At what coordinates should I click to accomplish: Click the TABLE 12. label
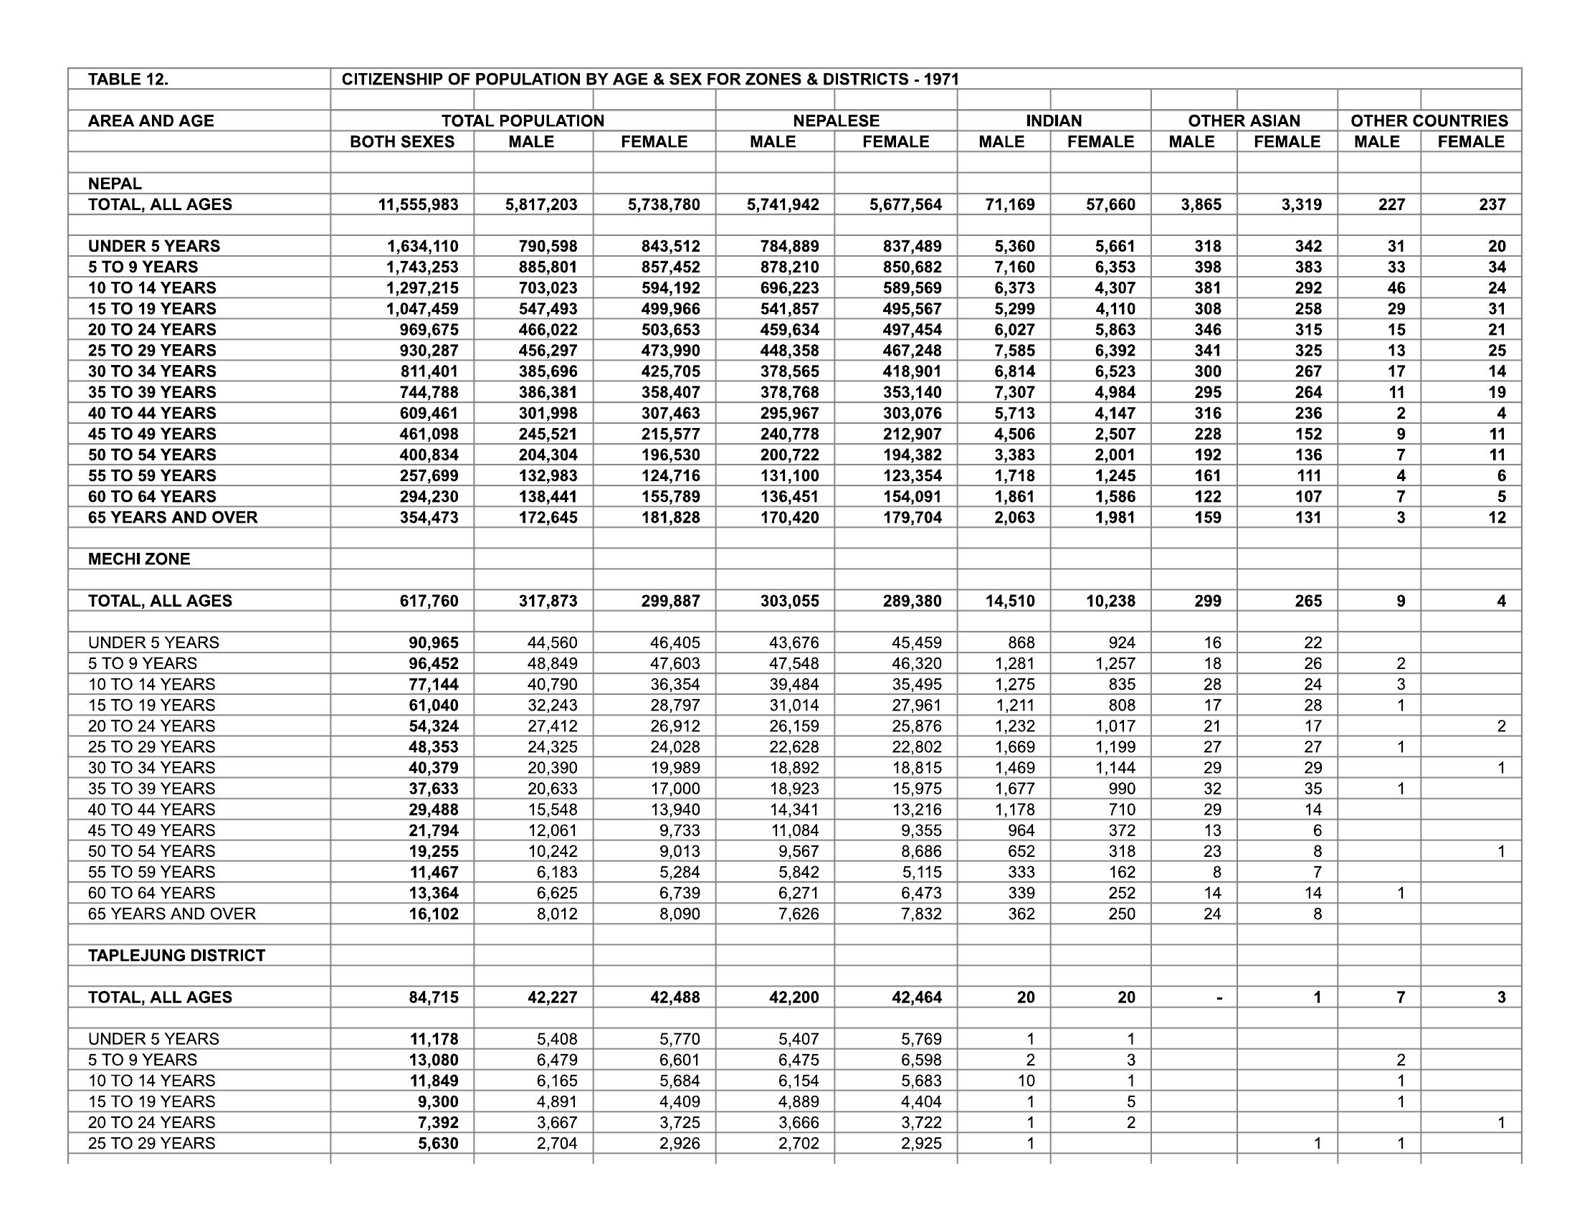(x=128, y=80)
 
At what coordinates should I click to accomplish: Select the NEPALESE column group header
(x=836, y=120)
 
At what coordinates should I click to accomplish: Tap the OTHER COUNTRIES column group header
(x=1429, y=120)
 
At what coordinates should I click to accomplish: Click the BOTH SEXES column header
(x=402, y=141)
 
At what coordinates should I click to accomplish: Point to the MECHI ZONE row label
(x=138, y=559)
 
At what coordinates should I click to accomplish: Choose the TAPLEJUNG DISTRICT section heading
(x=176, y=955)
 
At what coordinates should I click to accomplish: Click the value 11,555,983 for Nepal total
(x=418, y=204)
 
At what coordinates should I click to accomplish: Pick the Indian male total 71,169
(x=1009, y=204)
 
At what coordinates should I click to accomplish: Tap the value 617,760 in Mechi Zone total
(x=429, y=601)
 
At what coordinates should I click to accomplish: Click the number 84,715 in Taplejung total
(x=433, y=997)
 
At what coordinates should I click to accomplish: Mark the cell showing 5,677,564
(x=905, y=204)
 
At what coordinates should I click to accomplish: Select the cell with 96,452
(x=433, y=664)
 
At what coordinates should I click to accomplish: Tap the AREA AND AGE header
(x=151, y=120)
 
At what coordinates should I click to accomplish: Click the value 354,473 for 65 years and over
(x=429, y=518)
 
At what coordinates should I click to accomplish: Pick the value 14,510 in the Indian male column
(x=1009, y=601)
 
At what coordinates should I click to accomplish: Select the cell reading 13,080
(x=433, y=1060)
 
